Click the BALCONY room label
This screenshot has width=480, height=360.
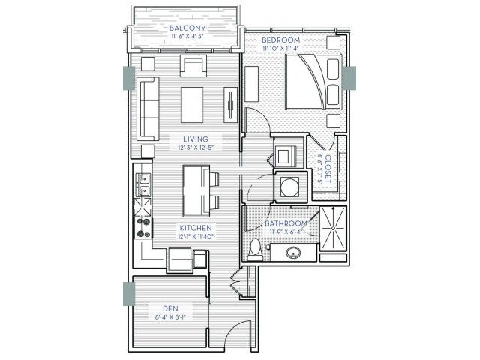click(187, 28)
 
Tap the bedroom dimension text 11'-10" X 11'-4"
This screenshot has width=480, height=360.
click(280, 48)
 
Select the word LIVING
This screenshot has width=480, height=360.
click(196, 139)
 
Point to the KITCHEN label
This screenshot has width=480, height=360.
click(196, 228)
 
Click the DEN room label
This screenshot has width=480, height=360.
click(170, 308)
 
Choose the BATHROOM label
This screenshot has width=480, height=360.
click(286, 223)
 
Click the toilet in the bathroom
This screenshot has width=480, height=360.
click(255, 248)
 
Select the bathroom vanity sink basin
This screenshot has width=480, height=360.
click(293, 253)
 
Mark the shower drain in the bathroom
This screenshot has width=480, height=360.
click(333, 228)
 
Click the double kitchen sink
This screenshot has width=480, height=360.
click(143, 184)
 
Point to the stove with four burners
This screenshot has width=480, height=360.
click(143, 228)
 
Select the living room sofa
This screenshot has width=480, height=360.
click(148, 109)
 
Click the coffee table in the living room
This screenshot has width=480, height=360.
click(192, 105)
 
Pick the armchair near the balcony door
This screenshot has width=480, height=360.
click(193, 66)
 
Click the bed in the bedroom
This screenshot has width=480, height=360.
click(313, 82)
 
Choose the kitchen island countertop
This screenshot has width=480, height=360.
click(196, 191)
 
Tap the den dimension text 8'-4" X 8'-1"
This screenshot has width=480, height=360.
click(170, 317)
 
